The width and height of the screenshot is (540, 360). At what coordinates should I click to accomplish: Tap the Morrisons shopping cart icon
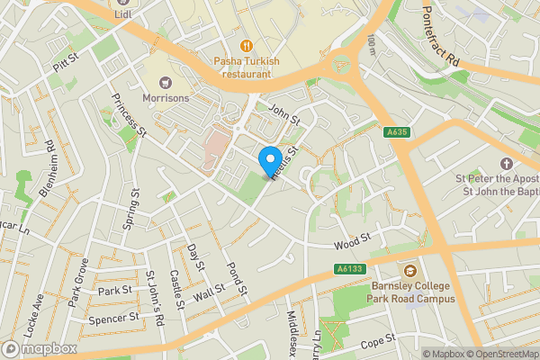pos(164,82)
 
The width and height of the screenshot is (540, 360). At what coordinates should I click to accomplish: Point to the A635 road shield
pos(397,131)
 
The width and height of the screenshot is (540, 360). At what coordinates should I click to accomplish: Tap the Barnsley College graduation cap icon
pos(410,271)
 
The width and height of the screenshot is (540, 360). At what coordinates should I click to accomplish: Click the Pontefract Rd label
pos(441,41)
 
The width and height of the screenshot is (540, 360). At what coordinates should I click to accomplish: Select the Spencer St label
pos(114,318)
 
